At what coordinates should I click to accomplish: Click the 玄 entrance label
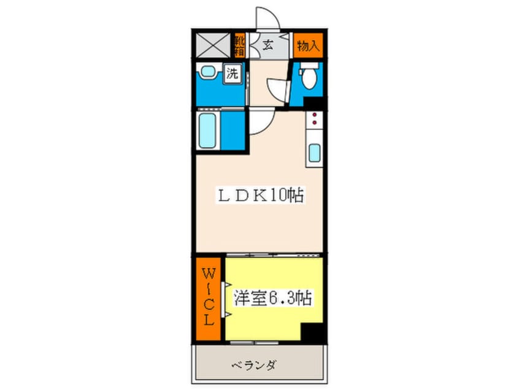[268, 44]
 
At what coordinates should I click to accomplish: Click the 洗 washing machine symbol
[232, 75]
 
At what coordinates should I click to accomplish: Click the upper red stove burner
[313, 115]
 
